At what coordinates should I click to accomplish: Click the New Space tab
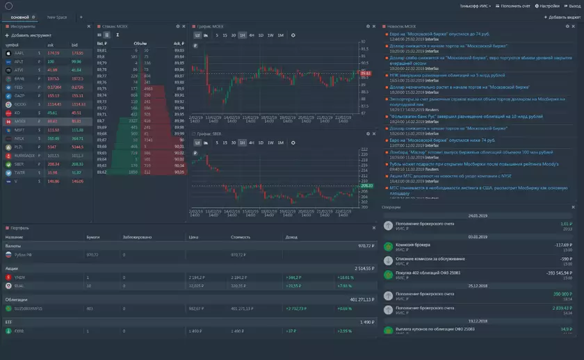tap(57, 17)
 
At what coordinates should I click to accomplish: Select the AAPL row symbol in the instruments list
tap(19, 53)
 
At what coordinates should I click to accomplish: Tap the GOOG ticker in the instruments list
tap(19, 104)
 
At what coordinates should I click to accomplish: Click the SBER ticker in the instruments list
tap(19, 164)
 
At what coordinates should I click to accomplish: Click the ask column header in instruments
tap(51, 44)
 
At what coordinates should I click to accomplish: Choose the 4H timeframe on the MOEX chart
tap(251, 35)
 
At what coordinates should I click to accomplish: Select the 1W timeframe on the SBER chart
tap(270, 142)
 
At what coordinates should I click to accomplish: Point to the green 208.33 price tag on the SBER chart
tap(366, 186)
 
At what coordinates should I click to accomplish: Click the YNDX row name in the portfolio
tap(19, 277)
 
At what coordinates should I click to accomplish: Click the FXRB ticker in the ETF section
tap(19, 331)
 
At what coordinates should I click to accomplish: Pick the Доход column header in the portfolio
tap(291, 237)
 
